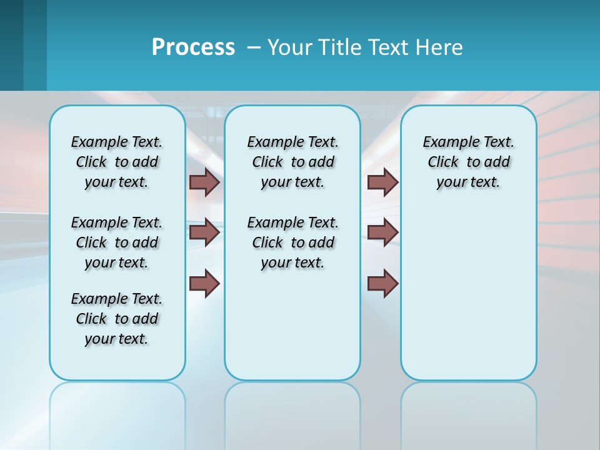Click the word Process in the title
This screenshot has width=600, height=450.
pos(193,47)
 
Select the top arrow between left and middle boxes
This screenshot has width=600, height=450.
pos(204,182)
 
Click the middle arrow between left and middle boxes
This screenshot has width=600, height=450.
pos(204,232)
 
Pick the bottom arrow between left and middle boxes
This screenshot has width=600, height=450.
pos(204,283)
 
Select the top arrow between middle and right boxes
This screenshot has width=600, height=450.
pos(382,182)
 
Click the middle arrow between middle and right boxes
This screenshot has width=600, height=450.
pos(382,232)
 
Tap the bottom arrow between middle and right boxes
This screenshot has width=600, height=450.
pos(382,283)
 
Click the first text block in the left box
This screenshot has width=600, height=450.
pos(117,162)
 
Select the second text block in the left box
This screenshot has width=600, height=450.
pos(117,242)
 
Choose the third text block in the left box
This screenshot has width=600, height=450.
pos(117,319)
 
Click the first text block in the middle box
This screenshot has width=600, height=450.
pos(292,162)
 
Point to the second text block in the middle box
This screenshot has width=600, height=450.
pos(292,242)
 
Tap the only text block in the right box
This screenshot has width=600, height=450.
pos(468,162)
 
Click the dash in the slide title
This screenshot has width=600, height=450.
pos(254,47)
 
